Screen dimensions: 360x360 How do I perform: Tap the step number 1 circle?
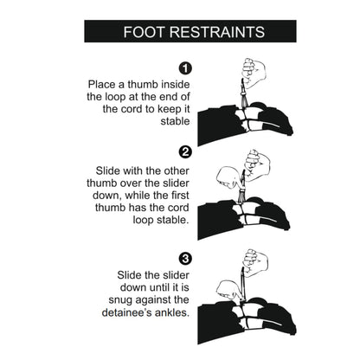tap(185, 68)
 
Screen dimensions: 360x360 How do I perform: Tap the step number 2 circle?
tap(185, 152)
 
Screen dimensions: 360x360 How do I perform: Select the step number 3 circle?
tap(185, 259)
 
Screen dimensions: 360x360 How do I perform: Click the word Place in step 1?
tap(101, 85)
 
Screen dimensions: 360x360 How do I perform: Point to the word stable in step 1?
tap(175, 121)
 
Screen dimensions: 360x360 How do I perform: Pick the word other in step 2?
tap(177, 170)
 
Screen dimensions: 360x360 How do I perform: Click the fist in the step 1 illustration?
tap(254, 73)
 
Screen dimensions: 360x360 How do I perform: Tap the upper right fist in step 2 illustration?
tap(257, 165)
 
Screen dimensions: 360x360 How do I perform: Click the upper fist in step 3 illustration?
tap(255, 262)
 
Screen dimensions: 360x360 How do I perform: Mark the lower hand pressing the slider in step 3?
tap(228, 290)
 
